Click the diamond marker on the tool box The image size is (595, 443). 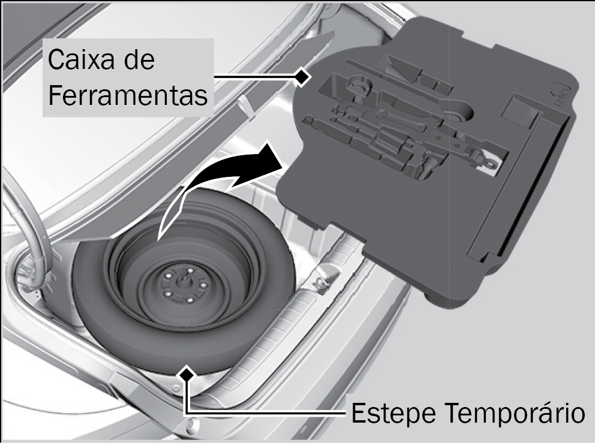click(302, 77)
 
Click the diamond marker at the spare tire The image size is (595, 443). click(187, 374)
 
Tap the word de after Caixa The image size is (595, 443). click(140, 59)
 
